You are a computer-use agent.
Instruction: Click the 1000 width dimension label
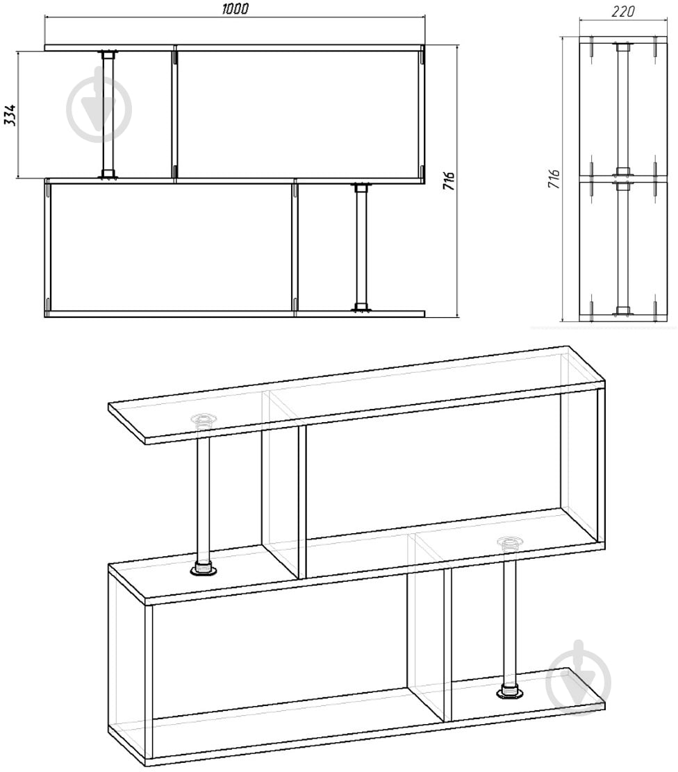pos(235,8)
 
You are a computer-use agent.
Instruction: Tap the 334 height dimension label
pos(10,115)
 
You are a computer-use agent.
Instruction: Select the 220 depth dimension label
pos(623,11)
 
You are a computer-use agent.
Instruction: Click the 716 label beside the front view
pos(448,181)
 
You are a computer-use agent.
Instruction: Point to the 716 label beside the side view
pos(554,178)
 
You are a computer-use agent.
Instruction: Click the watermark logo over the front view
pos(99,106)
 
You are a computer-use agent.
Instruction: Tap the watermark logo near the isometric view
pos(579,678)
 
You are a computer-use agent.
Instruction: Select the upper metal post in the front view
pos(108,115)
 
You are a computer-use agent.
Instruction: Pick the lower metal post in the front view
pos(362,247)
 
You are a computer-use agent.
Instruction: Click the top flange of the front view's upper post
pos(108,52)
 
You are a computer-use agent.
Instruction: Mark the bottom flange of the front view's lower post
pos(362,309)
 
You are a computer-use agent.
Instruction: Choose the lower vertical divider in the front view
pos(295,248)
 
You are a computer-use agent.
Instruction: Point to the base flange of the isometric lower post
pos(510,691)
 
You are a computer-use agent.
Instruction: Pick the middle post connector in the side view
pos(623,179)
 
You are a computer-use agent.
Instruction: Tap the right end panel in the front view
pos(423,115)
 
